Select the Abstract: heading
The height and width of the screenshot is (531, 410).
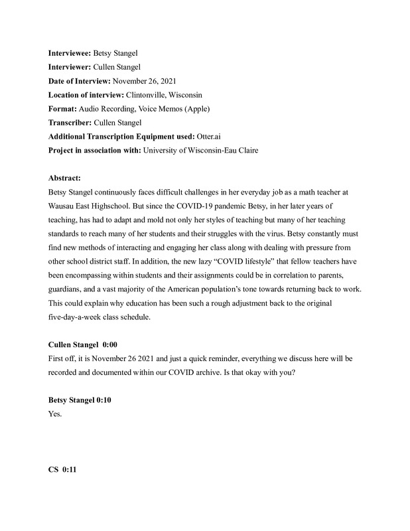point(65,179)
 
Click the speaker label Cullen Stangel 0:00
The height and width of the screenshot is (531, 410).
point(82,344)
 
